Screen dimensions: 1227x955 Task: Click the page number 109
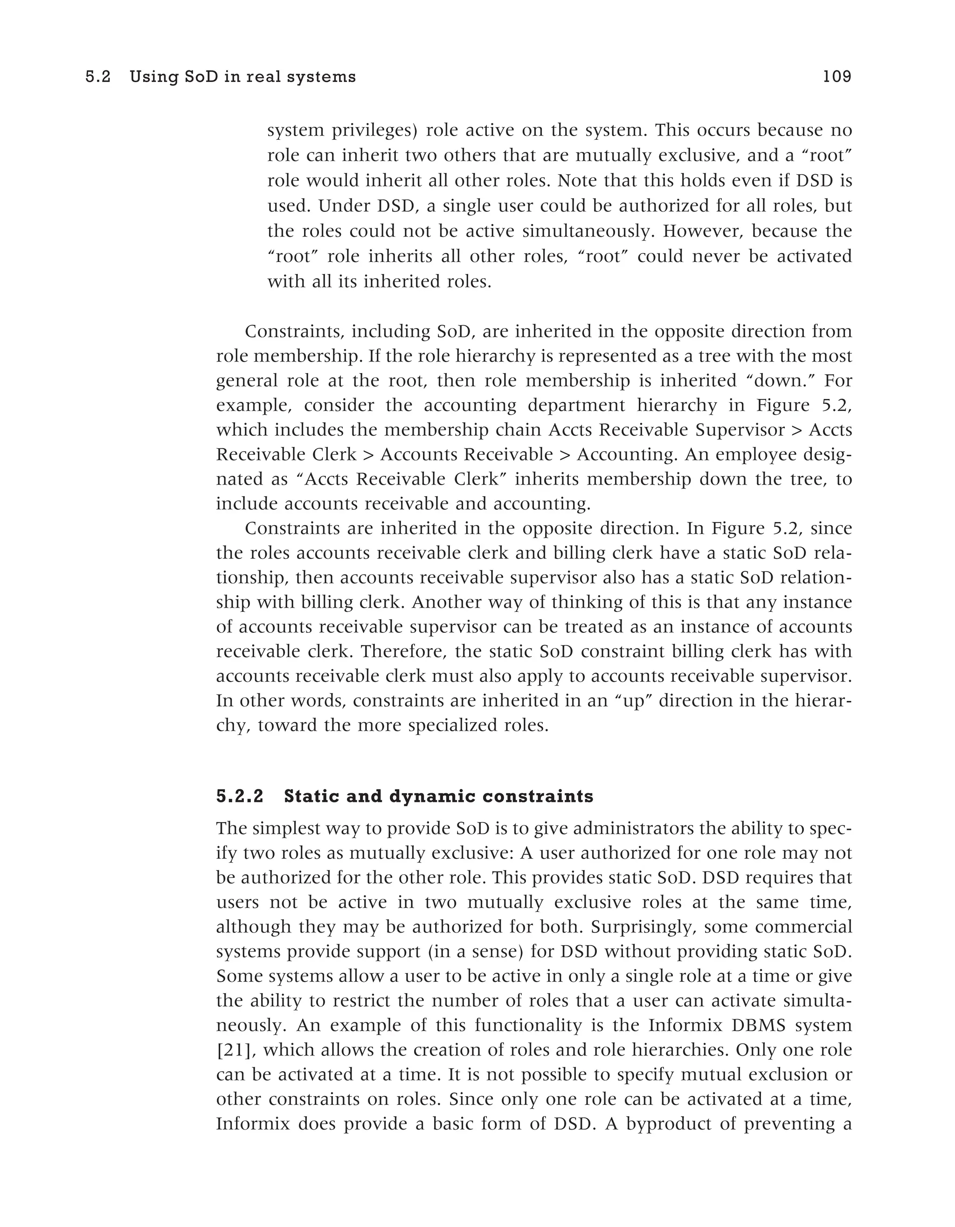tap(837, 77)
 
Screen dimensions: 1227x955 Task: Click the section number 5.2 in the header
tap(98, 77)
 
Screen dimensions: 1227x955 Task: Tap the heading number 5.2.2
tap(240, 797)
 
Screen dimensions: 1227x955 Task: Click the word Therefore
tap(403, 651)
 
